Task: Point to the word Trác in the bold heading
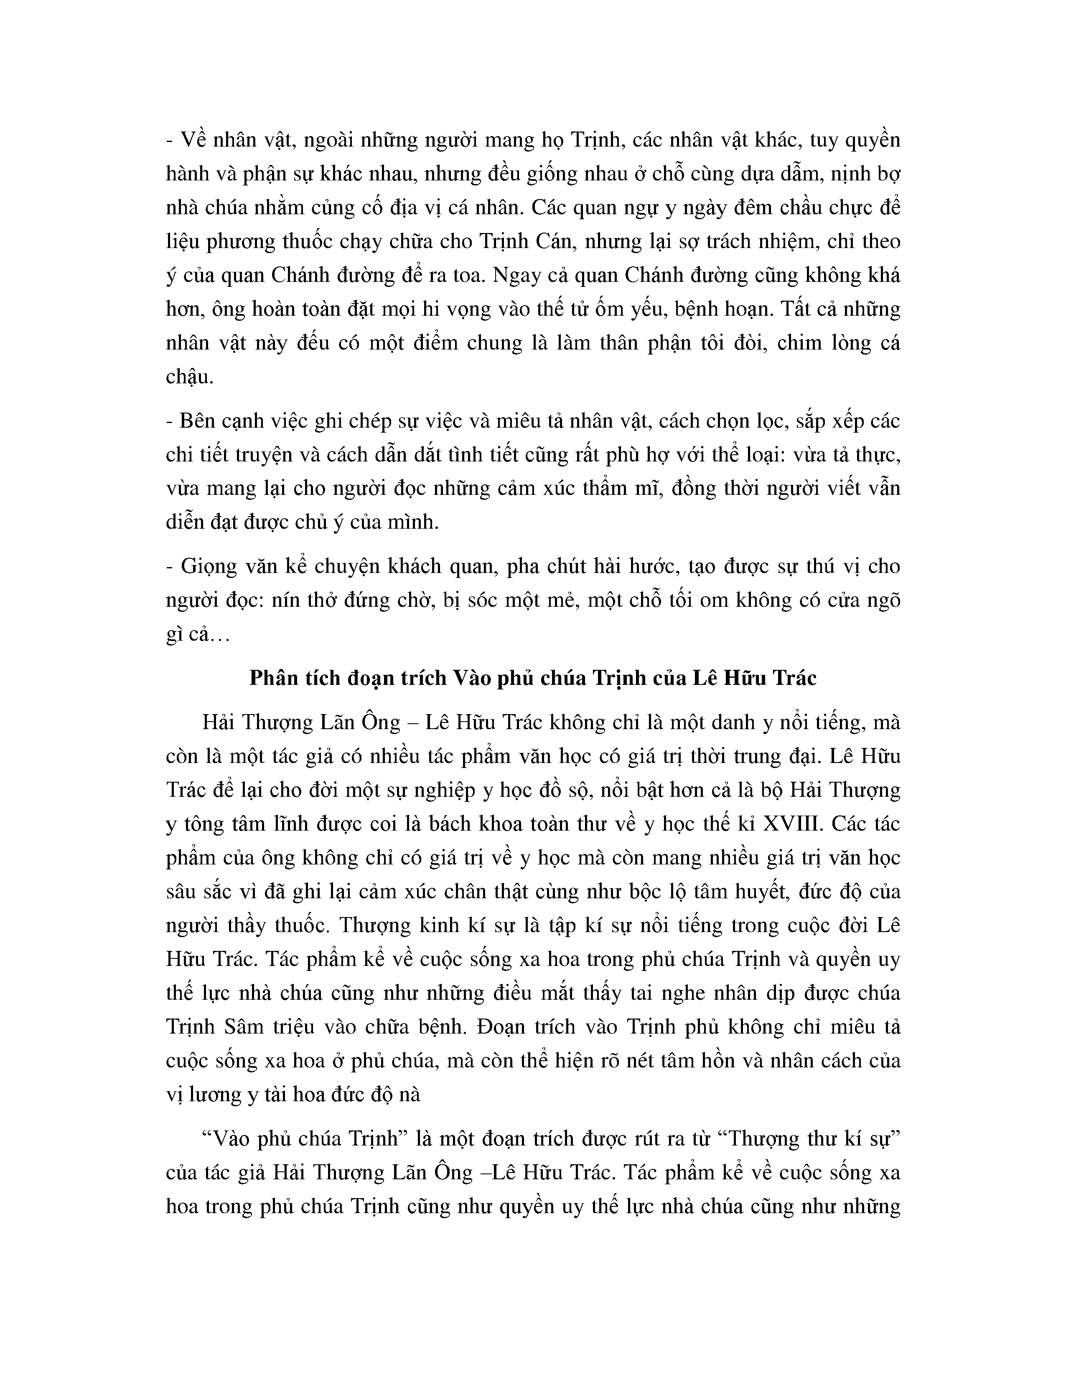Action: click(792, 678)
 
